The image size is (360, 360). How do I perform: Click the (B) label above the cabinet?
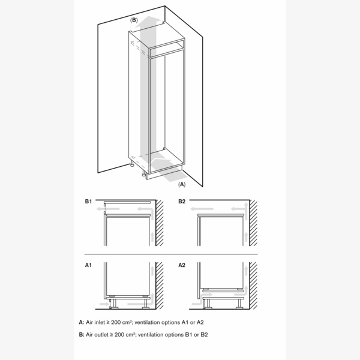[x=134, y=20]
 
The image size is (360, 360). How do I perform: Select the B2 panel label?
[x=182, y=202]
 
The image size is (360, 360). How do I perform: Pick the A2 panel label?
[x=182, y=265]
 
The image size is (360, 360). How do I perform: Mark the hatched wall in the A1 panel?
[x=161, y=286]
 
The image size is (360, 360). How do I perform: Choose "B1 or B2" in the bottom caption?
[x=197, y=334]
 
